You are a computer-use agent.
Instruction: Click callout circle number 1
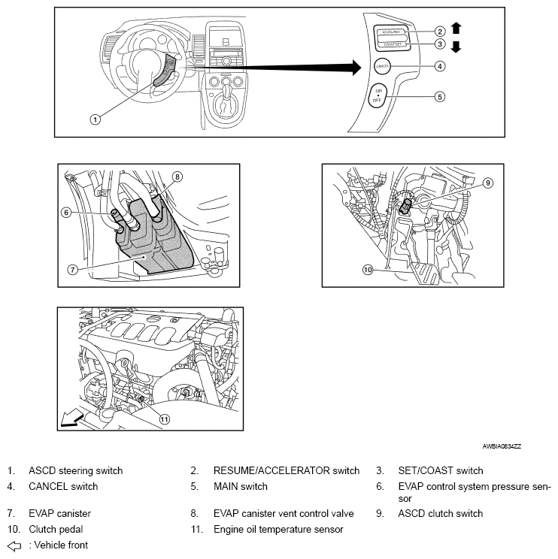pos(95,119)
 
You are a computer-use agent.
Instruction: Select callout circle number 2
pos(440,32)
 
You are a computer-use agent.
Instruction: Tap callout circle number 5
pos(440,96)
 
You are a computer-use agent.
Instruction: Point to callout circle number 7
pos(72,268)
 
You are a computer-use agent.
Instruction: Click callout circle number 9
pos(488,183)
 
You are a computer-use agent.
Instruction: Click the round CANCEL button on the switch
pos(382,66)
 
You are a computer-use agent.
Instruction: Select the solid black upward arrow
pos(456,29)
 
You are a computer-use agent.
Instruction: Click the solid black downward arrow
pos(456,47)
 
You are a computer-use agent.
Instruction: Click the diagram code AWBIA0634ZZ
pos(502,446)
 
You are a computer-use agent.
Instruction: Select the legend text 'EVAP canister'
pos(59,514)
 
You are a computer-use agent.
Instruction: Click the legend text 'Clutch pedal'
pos(56,529)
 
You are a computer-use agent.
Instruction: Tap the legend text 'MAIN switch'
pos(240,487)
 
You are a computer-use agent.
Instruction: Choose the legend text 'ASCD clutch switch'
pos(440,514)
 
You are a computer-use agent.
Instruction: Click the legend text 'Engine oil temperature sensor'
pos(278,529)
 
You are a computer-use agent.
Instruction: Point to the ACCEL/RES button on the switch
pos(392,32)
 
